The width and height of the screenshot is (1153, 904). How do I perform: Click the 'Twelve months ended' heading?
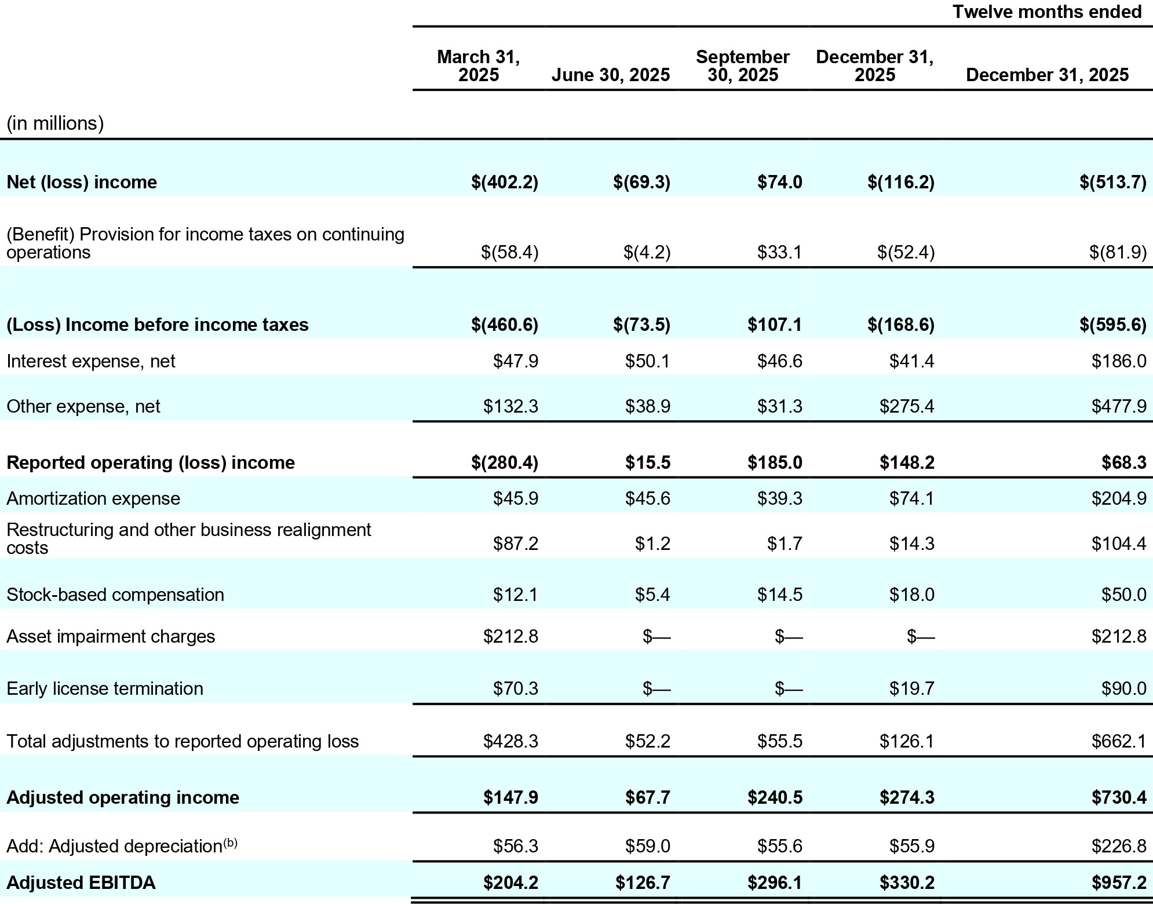1046,12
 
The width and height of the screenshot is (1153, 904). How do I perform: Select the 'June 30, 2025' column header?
611,75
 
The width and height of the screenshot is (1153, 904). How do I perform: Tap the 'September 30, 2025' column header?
742,65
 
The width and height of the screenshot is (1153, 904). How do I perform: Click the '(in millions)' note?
55,123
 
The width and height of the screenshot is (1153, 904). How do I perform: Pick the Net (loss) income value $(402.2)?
505,183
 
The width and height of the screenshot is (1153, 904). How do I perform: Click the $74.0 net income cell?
780,183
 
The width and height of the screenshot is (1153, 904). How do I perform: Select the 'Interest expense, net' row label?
90,362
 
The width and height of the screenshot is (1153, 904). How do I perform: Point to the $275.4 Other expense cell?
907,406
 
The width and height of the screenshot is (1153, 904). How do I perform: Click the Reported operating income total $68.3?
1125,462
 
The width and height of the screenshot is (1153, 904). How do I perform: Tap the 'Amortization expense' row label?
93,498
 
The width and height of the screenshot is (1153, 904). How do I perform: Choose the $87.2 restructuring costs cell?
515,544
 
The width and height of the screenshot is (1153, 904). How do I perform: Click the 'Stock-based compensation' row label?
115,595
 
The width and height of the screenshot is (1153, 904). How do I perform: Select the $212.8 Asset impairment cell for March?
510,636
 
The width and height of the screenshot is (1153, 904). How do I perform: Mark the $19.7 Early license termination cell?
912,688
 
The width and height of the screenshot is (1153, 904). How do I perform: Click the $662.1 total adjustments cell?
1119,741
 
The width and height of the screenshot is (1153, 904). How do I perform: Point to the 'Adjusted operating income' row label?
123,797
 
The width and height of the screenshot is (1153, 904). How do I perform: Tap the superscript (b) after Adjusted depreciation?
231,843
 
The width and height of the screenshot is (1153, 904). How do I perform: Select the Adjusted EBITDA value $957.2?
1119,883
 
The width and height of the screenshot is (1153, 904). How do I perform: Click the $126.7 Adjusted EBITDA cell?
643,883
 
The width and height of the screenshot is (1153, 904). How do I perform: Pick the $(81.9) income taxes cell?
1118,253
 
